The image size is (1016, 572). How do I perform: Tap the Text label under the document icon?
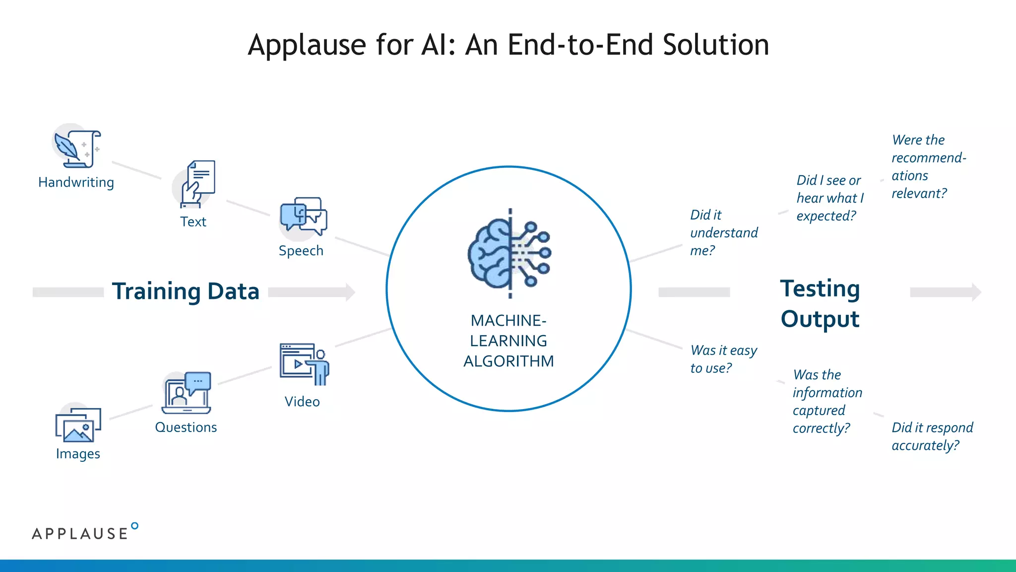[x=193, y=221]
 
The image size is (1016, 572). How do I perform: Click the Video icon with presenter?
[x=304, y=364]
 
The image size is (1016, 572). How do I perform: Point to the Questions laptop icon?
[x=187, y=393]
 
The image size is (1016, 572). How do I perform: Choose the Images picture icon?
[x=78, y=425]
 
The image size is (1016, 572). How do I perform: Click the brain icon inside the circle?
[x=509, y=253]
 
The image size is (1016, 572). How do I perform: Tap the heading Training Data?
[x=186, y=291]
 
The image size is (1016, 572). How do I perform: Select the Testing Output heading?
[x=820, y=303]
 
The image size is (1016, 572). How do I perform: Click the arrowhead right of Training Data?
[x=350, y=292]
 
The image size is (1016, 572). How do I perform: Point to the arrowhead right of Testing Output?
[x=976, y=292]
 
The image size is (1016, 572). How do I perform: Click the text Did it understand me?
[x=723, y=232]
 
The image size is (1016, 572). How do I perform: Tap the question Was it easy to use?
[x=723, y=359]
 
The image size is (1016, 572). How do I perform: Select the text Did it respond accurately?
[x=932, y=436]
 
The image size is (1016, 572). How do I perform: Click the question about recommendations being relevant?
[x=928, y=166]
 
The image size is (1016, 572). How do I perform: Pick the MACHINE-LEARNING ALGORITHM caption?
[x=508, y=341]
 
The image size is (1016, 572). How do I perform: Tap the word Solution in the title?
[x=716, y=45]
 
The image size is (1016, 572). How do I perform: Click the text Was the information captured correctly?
[x=826, y=401]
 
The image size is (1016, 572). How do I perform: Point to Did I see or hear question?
[x=830, y=198]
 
